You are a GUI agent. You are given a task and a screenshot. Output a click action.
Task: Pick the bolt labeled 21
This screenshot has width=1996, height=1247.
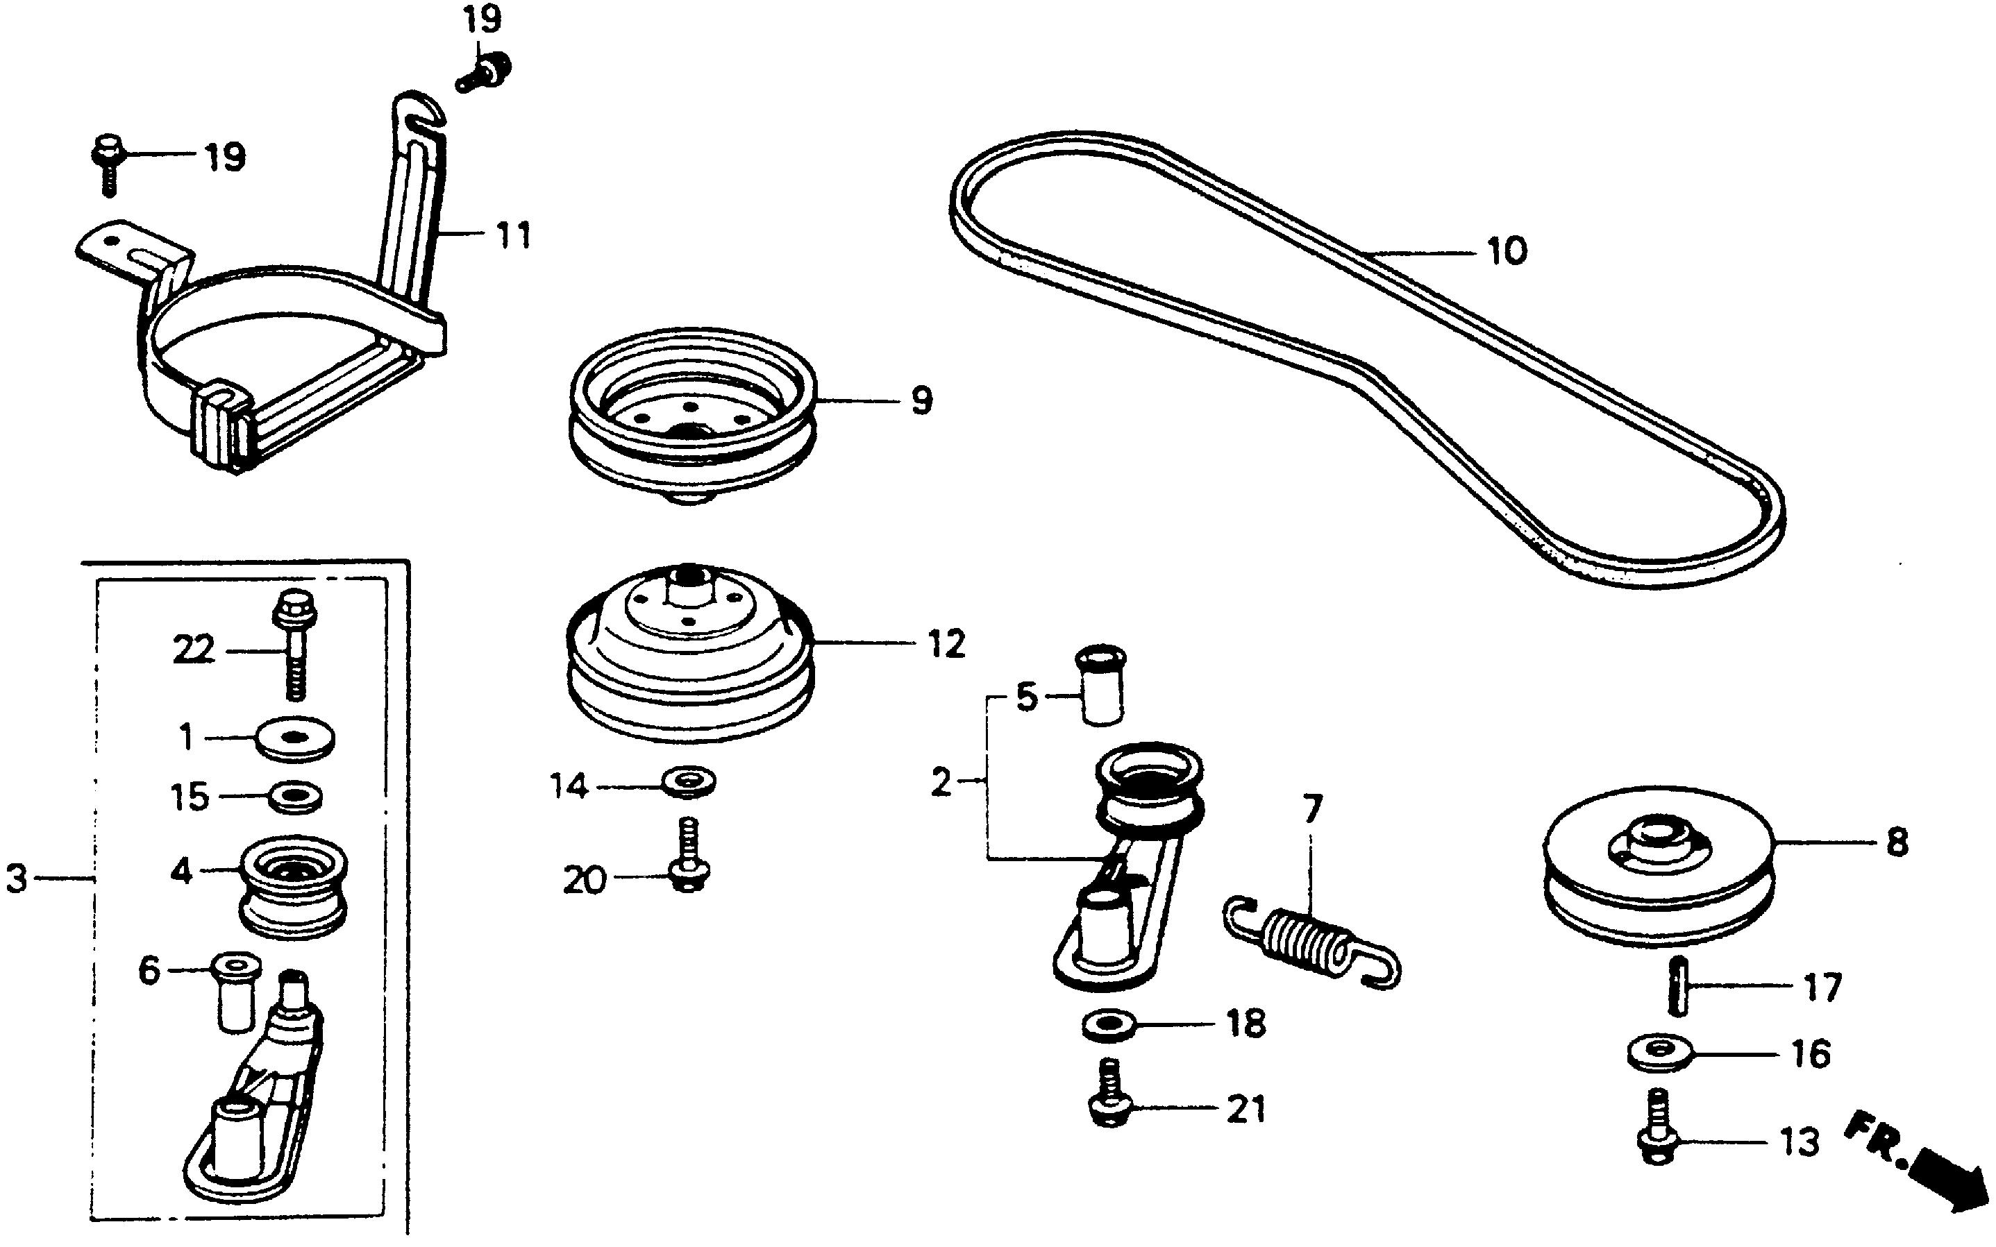click(x=1111, y=1094)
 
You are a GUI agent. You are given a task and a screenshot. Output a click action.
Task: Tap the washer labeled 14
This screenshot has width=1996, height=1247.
click(x=689, y=780)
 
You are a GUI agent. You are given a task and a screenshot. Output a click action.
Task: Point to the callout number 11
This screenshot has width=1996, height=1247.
click(x=513, y=236)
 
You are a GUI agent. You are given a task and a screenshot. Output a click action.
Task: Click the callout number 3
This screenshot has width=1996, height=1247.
click(x=17, y=879)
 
